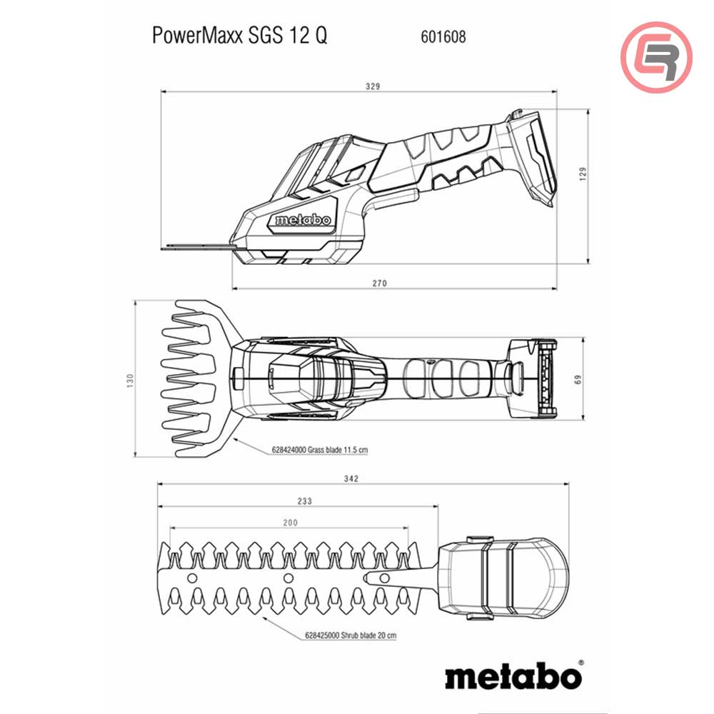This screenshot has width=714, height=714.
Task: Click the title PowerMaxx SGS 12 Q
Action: (240, 36)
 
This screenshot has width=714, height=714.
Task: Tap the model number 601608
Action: (438, 36)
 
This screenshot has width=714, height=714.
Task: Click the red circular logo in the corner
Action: (656, 57)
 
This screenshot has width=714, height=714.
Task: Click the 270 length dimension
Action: (379, 283)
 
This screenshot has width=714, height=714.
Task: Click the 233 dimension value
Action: (305, 501)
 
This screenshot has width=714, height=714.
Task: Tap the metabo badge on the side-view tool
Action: (303, 221)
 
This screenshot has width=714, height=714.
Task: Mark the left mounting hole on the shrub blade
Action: (191, 576)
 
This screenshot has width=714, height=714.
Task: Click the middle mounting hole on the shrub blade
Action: (287, 576)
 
